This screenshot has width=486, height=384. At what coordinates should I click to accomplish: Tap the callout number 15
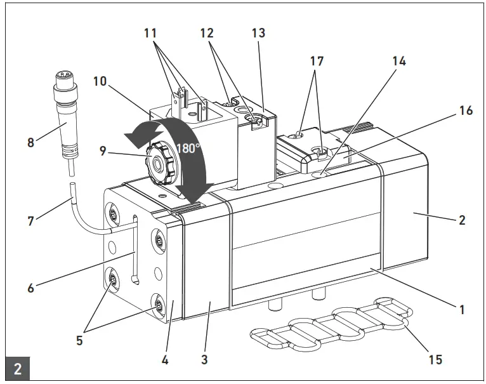point(435,359)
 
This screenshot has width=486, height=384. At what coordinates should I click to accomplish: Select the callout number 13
point(258,33)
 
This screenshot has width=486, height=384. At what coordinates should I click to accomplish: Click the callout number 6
point(31,287)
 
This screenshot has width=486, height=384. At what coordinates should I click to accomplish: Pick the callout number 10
point(100,82)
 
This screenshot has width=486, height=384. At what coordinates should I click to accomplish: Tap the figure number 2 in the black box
point(18,368)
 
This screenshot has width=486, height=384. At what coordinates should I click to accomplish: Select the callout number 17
point(317,62)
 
